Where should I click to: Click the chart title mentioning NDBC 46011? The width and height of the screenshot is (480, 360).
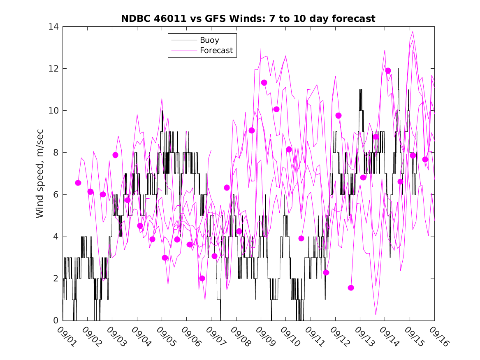pos(248,19)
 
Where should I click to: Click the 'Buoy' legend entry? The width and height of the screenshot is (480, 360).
pos(209,40)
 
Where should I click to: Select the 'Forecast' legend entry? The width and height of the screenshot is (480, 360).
pos(216,51)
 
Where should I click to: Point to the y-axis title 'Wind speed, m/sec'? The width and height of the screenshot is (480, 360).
pos(39,173)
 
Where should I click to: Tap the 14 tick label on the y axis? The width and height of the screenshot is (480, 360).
pos(54,27)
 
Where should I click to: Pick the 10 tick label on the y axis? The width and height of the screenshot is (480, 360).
pos(54,111)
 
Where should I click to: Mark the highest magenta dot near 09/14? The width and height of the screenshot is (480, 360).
pos(388,71)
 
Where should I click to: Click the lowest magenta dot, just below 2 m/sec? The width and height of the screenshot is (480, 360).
pos(351,288)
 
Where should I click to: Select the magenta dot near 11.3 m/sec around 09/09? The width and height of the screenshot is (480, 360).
pos(264,83)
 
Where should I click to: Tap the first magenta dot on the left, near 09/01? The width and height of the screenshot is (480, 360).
pos(78,183)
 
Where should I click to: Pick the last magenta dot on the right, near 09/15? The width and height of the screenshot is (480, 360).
pos(425,159)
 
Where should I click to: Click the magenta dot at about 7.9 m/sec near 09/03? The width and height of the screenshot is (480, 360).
pos(115,155)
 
